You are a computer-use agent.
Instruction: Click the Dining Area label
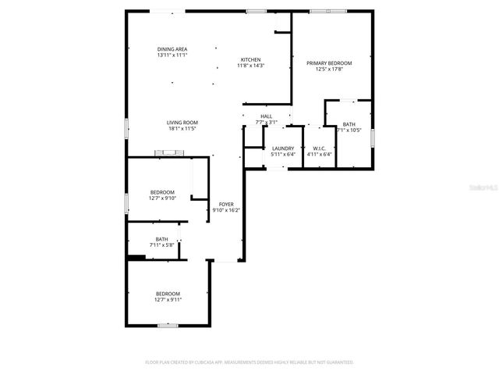(x=172, y=48)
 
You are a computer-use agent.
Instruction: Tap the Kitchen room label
(x=250, y=60)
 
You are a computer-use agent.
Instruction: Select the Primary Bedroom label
(x=329, y=63)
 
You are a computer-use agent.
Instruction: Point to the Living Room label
(x=182, y=122)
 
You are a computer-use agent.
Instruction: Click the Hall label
(x=266, y=116)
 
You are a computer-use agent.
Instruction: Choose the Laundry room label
(x=282, y=148)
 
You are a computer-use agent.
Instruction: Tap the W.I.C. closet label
(x=319, y=148)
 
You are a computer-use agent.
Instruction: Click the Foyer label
(x=226, y=204)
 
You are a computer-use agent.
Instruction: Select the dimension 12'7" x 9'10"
(x=163, y=198)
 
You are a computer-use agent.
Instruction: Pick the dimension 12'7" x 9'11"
(x=168, y=299)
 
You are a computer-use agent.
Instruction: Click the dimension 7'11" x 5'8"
(x=161, y=245)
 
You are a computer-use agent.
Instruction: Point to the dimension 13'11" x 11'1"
(x=172, y=55)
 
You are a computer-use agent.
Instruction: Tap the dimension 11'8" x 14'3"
(x=250, y=66)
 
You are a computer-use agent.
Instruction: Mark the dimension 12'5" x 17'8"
(x=329, y=69)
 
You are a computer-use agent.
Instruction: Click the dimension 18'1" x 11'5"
(x=182, y=128)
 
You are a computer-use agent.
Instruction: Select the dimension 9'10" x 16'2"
(x=226, y=209)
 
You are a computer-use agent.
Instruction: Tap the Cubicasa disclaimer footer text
(x=249, y=362)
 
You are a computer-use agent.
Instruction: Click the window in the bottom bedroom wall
(x=168, y=325)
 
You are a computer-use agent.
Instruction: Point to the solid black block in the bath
(x=136, y=256)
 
